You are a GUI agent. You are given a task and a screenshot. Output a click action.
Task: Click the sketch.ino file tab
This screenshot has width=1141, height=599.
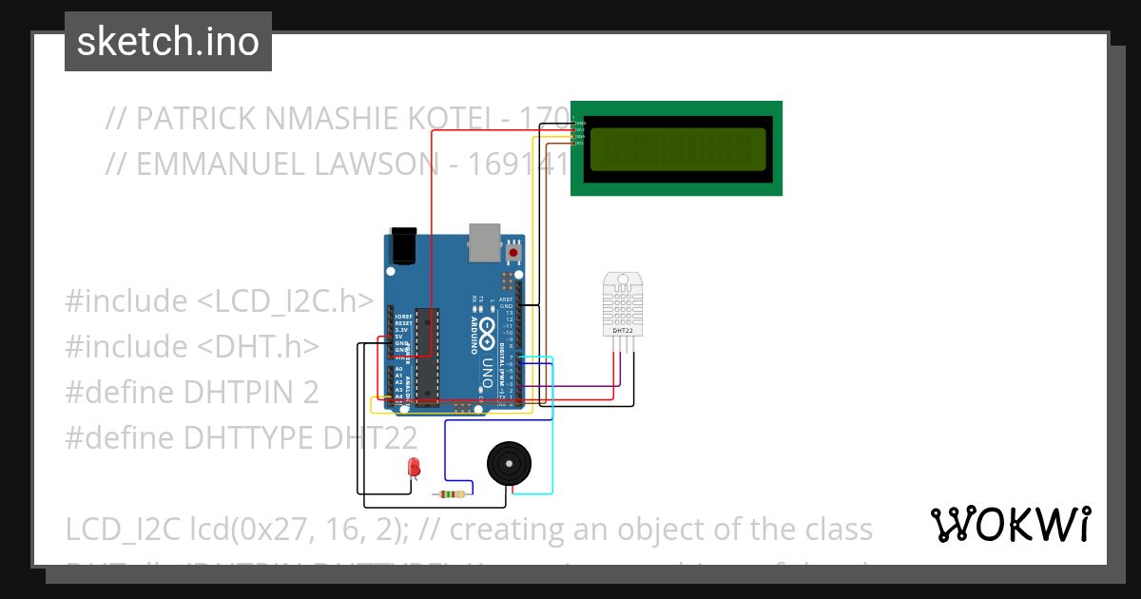(167, 42)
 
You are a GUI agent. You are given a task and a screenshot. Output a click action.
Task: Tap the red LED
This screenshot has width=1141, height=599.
(414, 467)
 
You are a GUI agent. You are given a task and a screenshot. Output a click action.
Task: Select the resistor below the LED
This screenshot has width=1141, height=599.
(449, 493)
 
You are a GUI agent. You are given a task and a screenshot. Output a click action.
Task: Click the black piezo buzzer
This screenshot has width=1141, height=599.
(510, 464)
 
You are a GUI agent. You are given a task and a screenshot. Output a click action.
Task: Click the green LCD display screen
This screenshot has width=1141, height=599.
(677, 149)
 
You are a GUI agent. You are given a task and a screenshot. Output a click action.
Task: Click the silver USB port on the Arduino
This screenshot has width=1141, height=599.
(484, 242)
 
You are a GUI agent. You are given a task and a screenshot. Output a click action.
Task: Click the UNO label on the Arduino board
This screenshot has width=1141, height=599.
(486, 372)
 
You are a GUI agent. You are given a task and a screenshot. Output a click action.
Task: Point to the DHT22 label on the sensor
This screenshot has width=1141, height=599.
(623, 331)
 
